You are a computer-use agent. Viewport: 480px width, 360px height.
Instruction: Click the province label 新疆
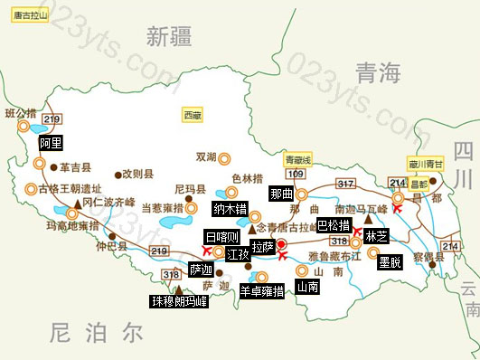(x=169, y=37)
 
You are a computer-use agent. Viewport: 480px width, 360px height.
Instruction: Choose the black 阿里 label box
(x=51, y=143)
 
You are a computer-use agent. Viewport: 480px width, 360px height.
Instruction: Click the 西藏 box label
(x=193, y=115)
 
